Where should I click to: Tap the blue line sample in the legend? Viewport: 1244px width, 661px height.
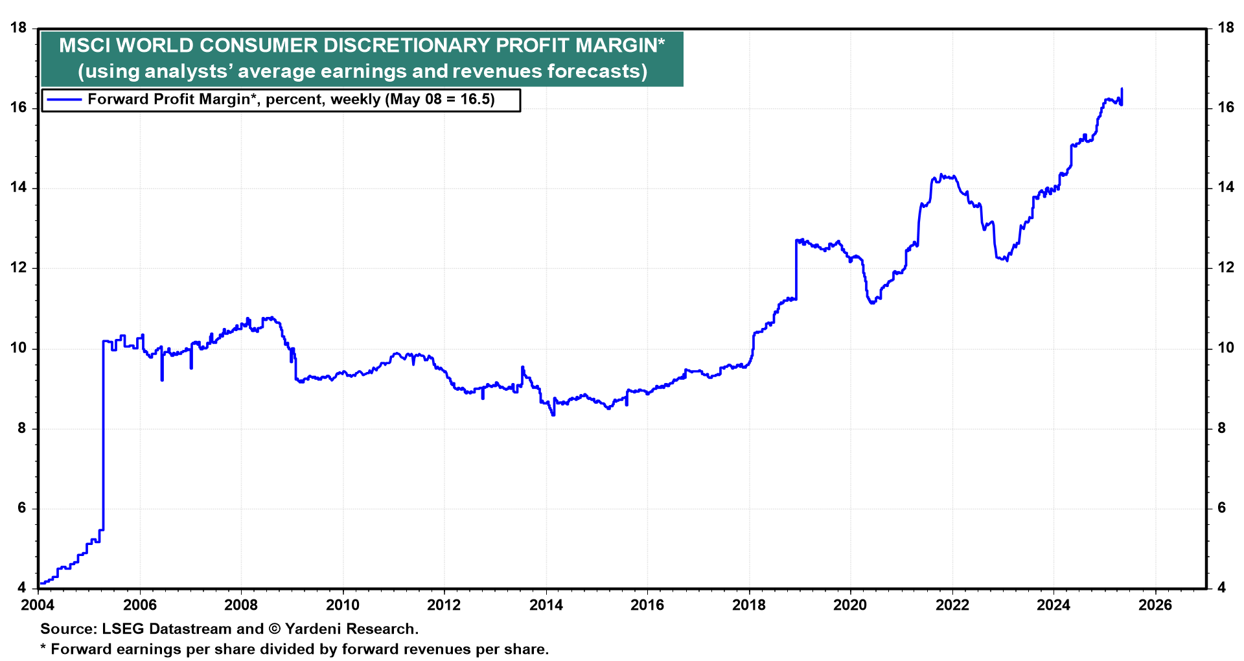click(x=63, y=100)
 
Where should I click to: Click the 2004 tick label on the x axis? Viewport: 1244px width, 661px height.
click(x=38, y=605)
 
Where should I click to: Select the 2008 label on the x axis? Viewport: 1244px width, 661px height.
click(x=241, y=605)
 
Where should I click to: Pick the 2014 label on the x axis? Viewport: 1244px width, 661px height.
click(x=546, y=605)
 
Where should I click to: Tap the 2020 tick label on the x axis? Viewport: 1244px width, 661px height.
click(x=850, y=605)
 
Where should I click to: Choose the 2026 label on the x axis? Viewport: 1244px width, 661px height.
click(x=1155, y=605)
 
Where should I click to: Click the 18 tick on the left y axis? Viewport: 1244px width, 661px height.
click(x=19, y=28)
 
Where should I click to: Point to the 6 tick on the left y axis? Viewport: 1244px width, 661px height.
click(x=23, y=508)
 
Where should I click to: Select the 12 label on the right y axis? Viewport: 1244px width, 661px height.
click(x=1225, y=268)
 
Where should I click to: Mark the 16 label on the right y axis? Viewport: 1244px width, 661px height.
click(x=1225, y=108)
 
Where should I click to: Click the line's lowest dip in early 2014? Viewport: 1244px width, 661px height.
click(x=553, y=415)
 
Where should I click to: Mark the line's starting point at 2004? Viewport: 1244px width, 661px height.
click(x=40, y=584)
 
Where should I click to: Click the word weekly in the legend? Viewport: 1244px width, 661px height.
click(x=355, y=100)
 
